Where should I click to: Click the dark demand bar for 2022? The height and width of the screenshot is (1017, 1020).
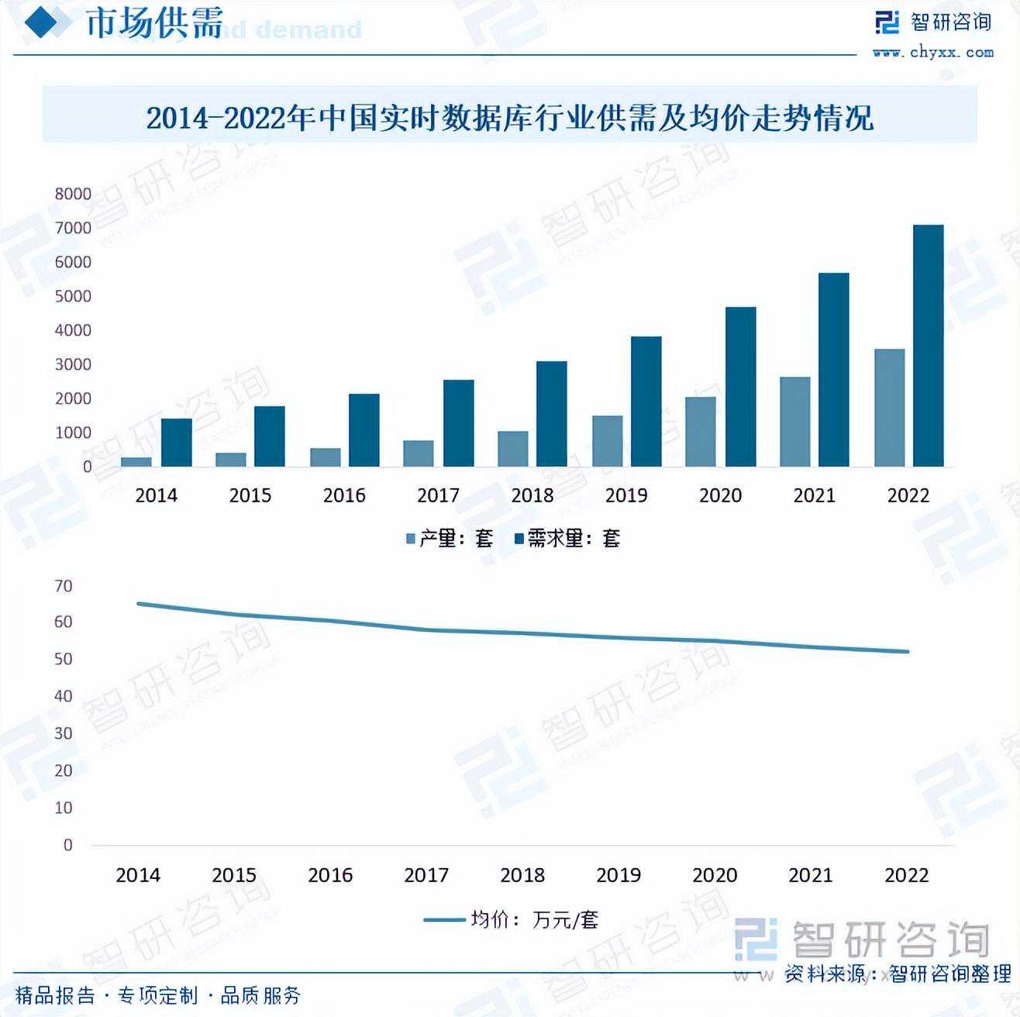928,346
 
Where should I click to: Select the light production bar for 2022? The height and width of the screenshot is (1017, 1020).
889,408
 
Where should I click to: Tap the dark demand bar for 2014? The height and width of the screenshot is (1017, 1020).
176,443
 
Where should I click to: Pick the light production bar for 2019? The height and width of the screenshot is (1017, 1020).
608,441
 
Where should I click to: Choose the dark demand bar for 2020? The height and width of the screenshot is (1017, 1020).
740,387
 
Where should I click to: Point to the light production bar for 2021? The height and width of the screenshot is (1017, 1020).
794,422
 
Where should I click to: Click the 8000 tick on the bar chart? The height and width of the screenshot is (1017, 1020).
73,194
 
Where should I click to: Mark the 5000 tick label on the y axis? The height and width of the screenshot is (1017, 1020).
73,296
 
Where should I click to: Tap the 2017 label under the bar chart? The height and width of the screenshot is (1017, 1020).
438,495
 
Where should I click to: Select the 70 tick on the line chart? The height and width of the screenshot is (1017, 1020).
64,587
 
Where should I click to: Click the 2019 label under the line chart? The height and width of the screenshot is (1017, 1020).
618,875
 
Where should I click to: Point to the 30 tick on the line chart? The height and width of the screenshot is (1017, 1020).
64,733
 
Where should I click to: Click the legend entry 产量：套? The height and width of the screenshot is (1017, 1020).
450,539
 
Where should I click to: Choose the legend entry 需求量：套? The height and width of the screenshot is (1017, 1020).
568,539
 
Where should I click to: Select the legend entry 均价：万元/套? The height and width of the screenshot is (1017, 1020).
512,920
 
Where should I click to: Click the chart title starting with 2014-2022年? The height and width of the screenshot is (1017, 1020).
509,118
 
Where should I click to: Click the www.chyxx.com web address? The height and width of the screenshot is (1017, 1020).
932,53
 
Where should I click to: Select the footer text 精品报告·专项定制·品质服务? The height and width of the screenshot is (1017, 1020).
158,995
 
